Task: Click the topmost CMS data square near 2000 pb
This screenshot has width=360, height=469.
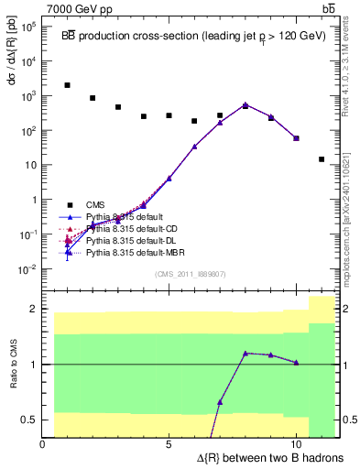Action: (68, 85)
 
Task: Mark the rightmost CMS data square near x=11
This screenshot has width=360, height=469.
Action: (322, 159)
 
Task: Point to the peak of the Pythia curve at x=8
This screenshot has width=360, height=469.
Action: (245, 105)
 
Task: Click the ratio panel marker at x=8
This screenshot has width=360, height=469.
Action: (245, 353)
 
